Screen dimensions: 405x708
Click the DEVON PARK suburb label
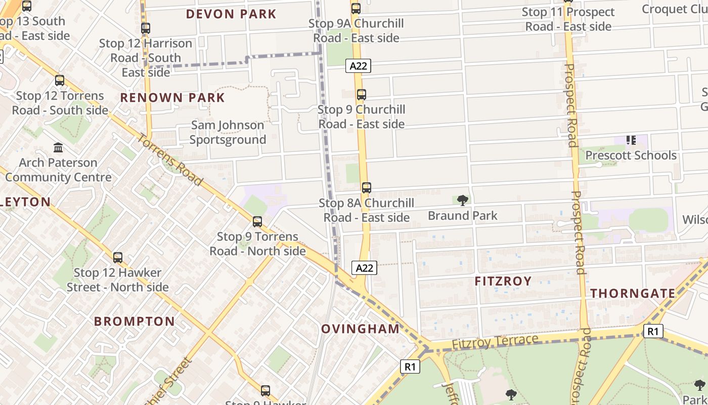231,14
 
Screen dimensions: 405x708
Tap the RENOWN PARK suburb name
172,97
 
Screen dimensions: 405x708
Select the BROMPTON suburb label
135,321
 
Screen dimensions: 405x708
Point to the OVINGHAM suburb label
361,329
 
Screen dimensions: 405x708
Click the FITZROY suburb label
503,281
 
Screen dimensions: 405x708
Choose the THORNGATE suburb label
633,293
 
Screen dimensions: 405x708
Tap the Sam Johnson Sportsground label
228,132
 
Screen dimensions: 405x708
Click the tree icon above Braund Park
462,200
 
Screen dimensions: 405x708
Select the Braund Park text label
463,216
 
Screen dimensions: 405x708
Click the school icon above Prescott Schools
631,140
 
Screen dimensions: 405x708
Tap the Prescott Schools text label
631,155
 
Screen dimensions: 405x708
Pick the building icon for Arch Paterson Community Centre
58,148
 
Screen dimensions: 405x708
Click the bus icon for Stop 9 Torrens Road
257,222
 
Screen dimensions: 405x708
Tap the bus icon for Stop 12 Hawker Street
118,258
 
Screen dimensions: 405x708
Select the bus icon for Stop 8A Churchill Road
367,188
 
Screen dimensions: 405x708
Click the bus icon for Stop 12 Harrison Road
146,28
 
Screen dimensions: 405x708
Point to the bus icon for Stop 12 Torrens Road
60,80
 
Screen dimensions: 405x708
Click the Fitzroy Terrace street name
495,342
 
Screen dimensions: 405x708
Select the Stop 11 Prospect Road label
568,19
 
